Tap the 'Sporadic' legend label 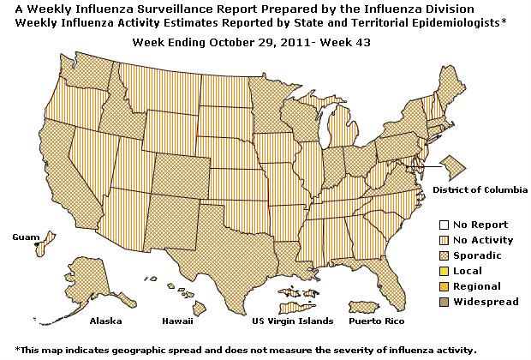[x=477, y=255]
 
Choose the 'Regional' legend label [x=477, y=286]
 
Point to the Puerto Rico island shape [x=370, y=306]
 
